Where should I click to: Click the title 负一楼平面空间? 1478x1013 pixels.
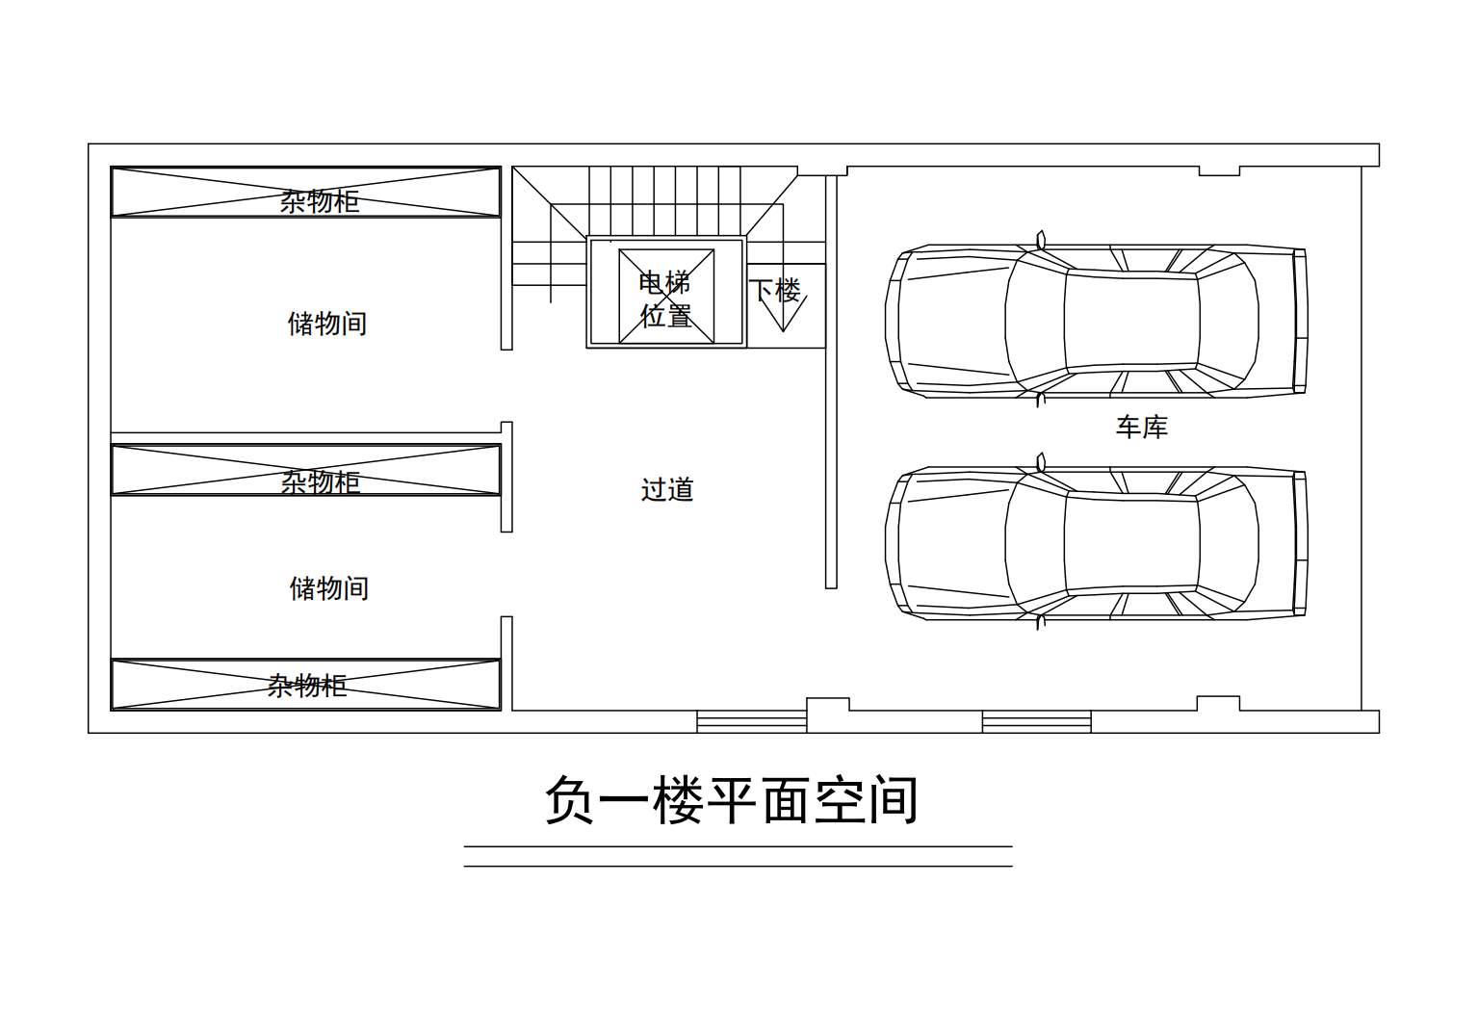pos(731,801)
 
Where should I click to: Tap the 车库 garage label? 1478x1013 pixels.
pos(1141,427)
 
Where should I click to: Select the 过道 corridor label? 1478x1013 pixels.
pos(667,489)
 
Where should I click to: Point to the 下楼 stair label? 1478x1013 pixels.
pos(775,289)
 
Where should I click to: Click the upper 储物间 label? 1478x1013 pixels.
pos(327,324)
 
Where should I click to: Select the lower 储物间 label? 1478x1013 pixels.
pos(329,588)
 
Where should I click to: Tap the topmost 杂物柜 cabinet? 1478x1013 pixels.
pos(306,193)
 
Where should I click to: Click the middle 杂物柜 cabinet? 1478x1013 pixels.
pos(306,470)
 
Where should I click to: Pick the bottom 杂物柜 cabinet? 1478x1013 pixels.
pos(306,685)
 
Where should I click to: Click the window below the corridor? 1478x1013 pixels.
pos(751,720)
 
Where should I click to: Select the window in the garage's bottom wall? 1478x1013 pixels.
pos(1036,720)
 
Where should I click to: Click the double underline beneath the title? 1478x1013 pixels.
pos(738,856)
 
